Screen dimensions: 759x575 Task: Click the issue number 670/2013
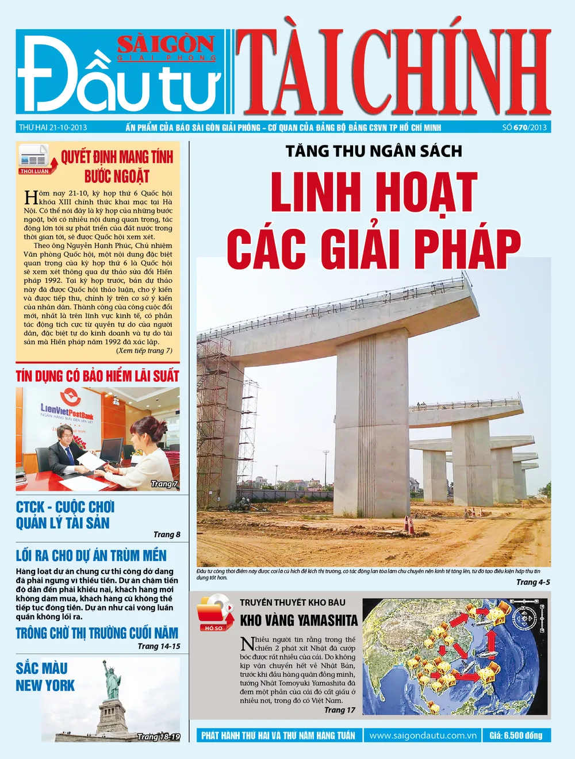524,127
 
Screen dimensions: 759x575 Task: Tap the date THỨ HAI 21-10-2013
53,127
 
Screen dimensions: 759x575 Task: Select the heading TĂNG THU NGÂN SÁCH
374,151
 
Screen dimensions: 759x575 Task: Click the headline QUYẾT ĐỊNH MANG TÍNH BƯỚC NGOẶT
117,166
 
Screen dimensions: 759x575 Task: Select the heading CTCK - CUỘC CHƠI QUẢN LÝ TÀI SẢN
64,515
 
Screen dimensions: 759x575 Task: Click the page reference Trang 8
167,534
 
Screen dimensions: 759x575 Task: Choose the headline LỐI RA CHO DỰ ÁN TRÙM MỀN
91,555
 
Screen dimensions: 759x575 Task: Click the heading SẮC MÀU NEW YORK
45,677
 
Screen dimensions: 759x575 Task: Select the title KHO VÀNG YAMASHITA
298,620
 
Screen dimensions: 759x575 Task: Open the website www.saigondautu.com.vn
423,735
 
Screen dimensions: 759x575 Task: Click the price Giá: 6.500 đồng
516,735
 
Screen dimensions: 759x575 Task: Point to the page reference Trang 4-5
533,582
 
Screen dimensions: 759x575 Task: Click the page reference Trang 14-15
159,646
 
